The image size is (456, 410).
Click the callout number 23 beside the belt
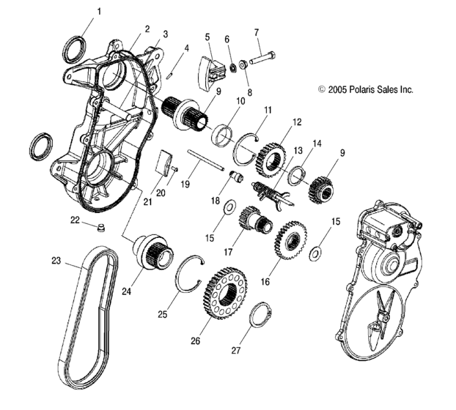point(56,260)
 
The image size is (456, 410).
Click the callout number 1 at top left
point(100,11)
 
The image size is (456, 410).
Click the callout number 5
point(207,37)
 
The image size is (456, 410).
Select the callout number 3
point(165,34)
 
